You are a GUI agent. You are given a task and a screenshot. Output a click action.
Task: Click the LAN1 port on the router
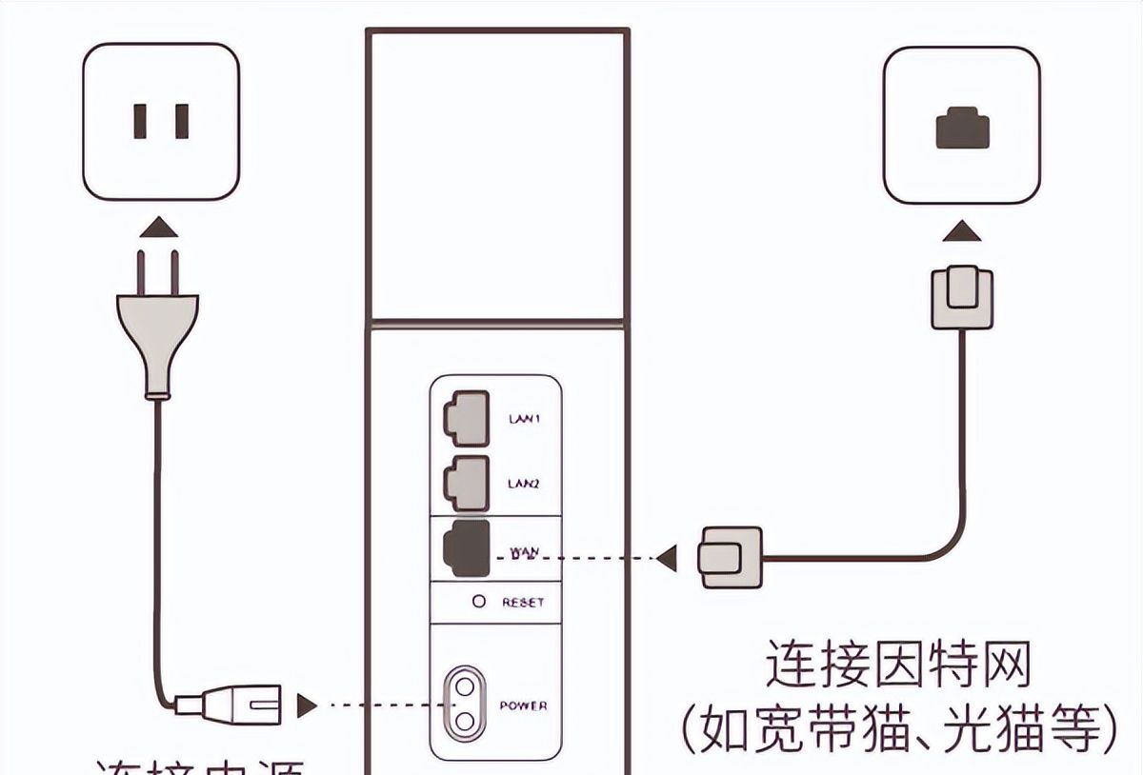(x=465, y=418)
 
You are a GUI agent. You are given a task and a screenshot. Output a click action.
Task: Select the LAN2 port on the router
(x=465, y=482)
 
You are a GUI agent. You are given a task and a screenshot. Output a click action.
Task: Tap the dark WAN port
(x=465, y=548)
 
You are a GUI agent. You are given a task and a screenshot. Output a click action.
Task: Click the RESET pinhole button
(x=479, y=602)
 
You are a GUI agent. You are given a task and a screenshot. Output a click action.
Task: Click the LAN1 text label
(x=523, y=419)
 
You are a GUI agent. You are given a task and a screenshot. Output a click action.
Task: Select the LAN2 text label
(x=523, y=485)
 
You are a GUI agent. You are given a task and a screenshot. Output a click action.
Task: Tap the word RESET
(x=523, y=603)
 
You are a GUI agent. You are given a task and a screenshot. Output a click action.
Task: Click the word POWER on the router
(x=523, y=705)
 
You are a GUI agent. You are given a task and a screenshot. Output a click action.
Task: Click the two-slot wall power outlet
(x=159, y=121)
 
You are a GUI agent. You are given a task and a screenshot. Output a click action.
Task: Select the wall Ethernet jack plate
(x=961, y=127)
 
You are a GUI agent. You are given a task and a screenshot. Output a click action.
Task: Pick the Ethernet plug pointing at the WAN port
(x=730, y=558)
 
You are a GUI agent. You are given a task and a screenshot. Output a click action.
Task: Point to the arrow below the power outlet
(x=156, y=228)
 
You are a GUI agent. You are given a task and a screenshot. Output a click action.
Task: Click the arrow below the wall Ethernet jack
(x=961, y=230)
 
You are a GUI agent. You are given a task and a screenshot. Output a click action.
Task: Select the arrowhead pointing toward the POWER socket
(x=307, y=705)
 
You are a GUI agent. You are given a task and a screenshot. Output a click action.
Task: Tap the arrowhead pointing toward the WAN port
(x=668, y=558)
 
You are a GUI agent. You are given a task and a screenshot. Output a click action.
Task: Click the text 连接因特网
(x=898, y=664)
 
